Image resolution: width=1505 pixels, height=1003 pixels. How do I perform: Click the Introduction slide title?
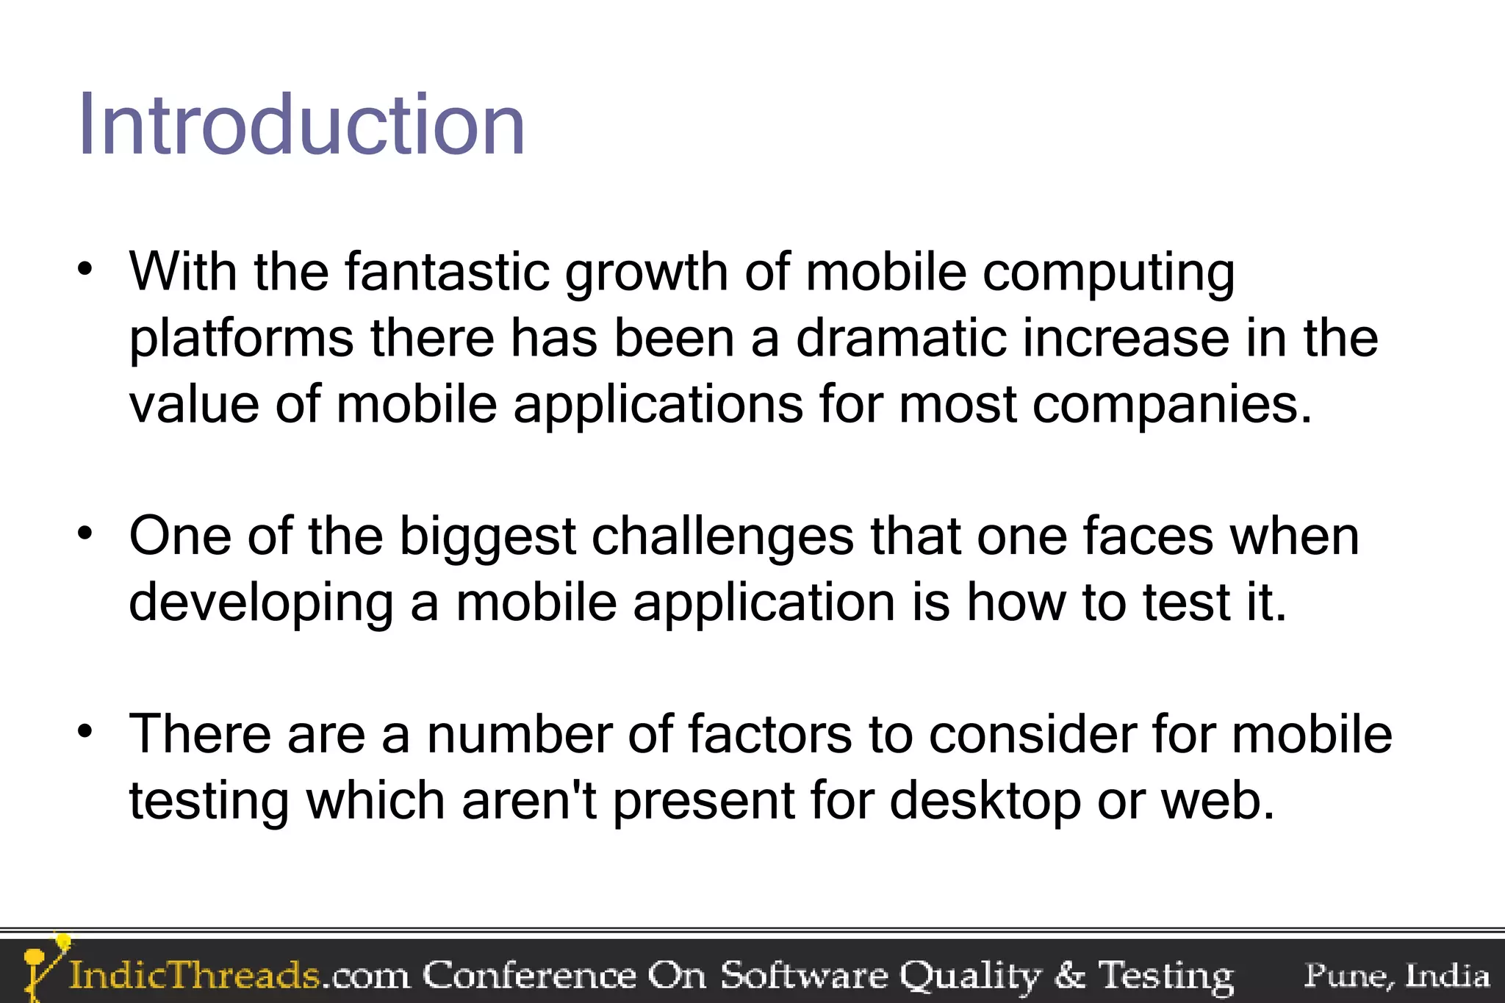[301, 125]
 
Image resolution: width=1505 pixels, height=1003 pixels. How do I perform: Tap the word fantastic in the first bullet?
[447, 272]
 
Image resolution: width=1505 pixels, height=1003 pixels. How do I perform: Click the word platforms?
[241, 339]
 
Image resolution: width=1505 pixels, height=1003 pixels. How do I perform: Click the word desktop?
[985, 802]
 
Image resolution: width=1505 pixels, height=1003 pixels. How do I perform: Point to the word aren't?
[528, 800]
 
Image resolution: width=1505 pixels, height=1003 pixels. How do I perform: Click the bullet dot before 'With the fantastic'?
[86, 269]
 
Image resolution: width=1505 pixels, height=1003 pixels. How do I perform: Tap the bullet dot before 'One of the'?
[86, 533]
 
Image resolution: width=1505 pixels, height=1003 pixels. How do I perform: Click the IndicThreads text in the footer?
[195, 976]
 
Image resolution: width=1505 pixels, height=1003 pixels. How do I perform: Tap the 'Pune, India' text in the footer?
[1396, 976]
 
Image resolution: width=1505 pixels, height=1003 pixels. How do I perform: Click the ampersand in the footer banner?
[1068, 976]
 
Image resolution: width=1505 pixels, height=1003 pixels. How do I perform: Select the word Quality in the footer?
[970, 976]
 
